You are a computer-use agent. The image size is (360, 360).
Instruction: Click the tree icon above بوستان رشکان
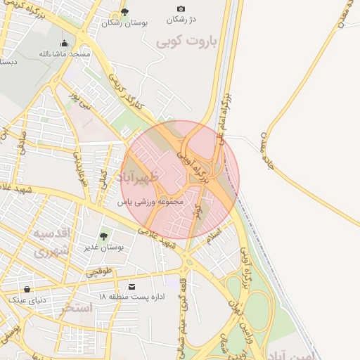[125, 11]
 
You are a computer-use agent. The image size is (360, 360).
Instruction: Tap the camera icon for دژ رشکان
[181, 9]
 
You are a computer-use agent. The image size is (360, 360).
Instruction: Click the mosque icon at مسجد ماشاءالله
[65, 43]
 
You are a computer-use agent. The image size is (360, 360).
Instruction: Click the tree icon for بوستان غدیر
[104, 236]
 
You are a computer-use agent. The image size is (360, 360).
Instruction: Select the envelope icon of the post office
[132, 286]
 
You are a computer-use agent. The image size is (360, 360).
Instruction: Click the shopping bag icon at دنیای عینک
[27, 289]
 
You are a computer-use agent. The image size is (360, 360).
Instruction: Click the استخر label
[77, 308]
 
